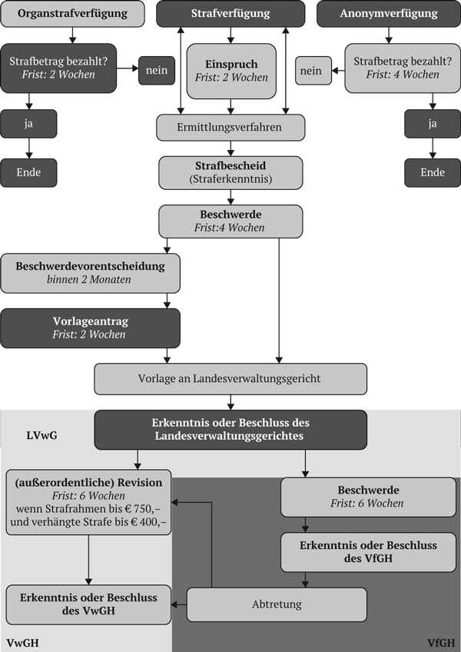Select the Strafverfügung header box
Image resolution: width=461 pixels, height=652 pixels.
231,14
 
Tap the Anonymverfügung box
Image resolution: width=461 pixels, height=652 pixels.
388,14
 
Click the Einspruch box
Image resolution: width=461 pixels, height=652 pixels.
230,70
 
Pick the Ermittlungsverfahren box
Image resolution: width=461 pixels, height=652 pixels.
230,128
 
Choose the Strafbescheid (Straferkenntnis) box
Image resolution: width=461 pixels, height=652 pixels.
230,173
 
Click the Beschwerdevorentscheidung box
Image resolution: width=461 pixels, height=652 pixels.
90,273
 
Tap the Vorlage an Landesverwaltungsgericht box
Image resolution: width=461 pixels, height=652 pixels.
230,378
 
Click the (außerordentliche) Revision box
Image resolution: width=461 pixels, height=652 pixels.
88,502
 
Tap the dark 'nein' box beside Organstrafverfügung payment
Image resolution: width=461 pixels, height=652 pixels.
157,71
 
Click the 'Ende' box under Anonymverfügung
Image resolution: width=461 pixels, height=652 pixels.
433,172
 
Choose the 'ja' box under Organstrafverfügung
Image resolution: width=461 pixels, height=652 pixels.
30,122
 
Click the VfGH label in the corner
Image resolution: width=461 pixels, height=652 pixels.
441,642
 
